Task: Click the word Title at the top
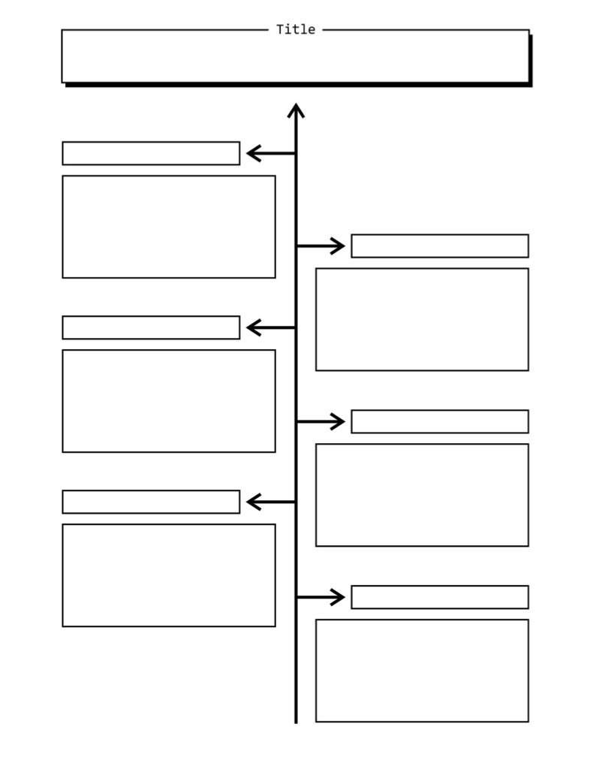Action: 296,29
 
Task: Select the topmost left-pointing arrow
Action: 271,153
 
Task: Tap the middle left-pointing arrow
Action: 271,327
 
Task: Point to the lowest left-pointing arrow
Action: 271,502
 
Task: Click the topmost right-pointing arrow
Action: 321,246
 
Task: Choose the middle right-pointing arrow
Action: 321,421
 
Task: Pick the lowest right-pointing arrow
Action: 321,597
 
